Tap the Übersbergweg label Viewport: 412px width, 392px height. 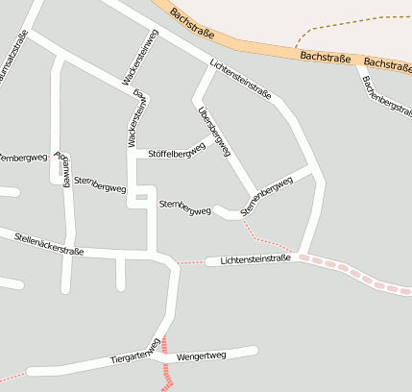tap(214, 132)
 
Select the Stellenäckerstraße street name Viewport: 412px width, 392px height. tap(49, 242)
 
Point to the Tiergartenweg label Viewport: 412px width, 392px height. tap(134, 354)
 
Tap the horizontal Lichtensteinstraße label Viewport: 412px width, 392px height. tap(254, 259)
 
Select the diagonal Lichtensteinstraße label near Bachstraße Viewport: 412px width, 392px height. tap(240, 80)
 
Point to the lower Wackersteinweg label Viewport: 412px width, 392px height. tap(137, 117)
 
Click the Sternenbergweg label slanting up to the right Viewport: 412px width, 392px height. tap(266, 195)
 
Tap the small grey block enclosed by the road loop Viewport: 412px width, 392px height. tap(141, 197)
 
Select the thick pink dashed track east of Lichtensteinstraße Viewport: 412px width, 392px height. tap(355, 273)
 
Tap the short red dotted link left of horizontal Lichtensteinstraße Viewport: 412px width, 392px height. tap(191, 261)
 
